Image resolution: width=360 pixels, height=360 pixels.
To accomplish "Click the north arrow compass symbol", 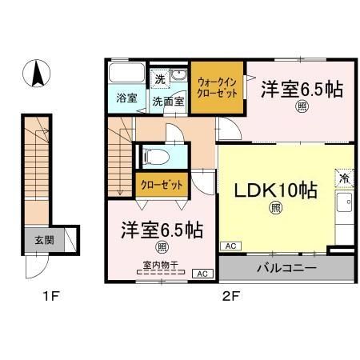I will (x=36, y=76).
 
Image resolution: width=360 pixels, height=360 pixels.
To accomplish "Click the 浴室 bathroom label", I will (x=126, y=100).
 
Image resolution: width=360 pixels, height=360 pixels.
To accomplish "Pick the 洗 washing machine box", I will (x=160, y=79).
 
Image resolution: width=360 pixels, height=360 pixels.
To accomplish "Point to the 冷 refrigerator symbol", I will (x=345, y=178).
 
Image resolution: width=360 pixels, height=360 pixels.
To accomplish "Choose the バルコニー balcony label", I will (x=286, y=266).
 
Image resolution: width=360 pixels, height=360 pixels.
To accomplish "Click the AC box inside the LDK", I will (x=229, y=246).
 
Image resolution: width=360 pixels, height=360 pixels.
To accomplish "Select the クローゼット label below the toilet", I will (x=162, y=184).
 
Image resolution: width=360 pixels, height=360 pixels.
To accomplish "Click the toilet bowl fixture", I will (x=154, y=156).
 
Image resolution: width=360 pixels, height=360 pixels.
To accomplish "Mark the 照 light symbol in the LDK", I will (x=274, y=210).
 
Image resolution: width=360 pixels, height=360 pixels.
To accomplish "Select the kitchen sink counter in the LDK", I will (x=346, y=210).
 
